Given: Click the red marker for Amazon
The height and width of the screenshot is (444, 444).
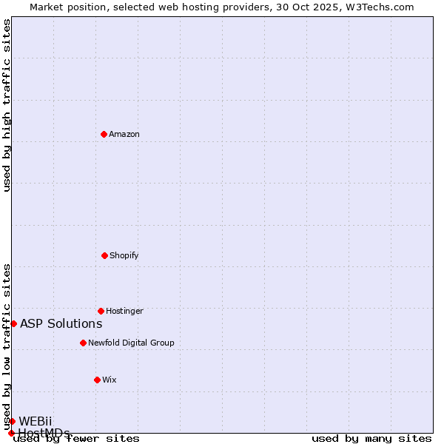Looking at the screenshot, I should point(104,134).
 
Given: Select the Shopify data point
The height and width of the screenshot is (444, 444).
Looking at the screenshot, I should point(104,255).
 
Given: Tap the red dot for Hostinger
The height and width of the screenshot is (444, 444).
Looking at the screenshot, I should point(101,311).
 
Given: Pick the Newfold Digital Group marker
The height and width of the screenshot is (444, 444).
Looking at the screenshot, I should point(83,343).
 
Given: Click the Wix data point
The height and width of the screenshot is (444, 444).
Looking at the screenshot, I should point(97,380).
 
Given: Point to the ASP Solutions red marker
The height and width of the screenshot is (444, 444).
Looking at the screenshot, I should point(13,323).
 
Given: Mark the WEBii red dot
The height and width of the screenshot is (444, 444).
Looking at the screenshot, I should point(12,421).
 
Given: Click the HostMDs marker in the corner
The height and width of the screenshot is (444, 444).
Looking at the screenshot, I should point(11,433).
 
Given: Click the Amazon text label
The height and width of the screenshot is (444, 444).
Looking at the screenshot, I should point(124,134).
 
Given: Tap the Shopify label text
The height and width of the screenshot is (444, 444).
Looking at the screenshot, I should point(124,255).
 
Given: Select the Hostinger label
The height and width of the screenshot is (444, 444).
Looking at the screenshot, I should point(124,311).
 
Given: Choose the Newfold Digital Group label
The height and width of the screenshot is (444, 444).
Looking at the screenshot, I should point(131,343).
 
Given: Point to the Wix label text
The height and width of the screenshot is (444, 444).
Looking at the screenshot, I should point(110,380).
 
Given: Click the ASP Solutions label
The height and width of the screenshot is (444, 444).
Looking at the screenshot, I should point(61,323).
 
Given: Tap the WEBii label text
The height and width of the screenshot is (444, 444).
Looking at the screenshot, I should point(36,421).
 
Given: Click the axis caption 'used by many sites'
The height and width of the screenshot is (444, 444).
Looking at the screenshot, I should point(371,439).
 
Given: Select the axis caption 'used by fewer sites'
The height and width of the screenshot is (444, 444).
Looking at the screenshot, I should point(76,439).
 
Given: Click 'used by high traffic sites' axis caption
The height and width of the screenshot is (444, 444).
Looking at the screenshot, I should point(7,105).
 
